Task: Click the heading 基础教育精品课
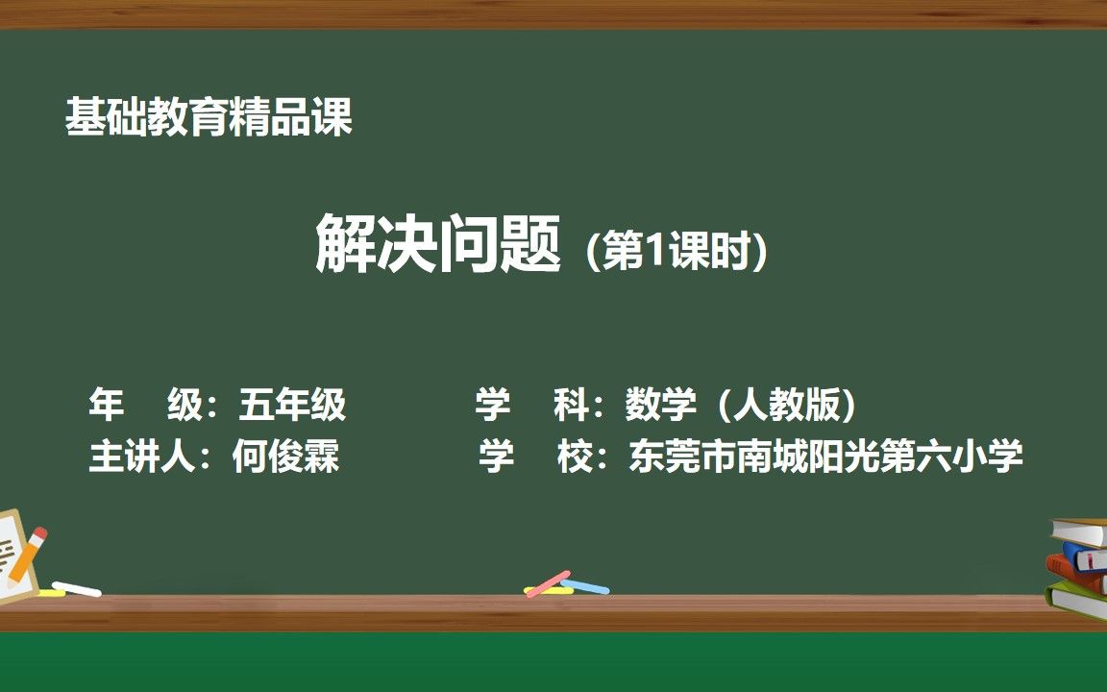[x=209, y=117]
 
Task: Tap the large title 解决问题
[x=438, y=244]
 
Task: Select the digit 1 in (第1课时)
[x=656, y=251]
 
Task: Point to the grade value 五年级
[x=292, y=405]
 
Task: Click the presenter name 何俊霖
[x=286, y=456]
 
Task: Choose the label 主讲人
[x=142, y=456]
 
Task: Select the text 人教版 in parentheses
[x=787, y=405]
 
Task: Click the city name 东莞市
[x=682, y=456]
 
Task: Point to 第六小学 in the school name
[x=951, y=456]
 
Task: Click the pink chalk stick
[x=549, y=582]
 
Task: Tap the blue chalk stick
[x=585, y=586]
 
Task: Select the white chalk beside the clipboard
[x=76, y=588]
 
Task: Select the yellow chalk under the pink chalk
[x=549, y=590]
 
